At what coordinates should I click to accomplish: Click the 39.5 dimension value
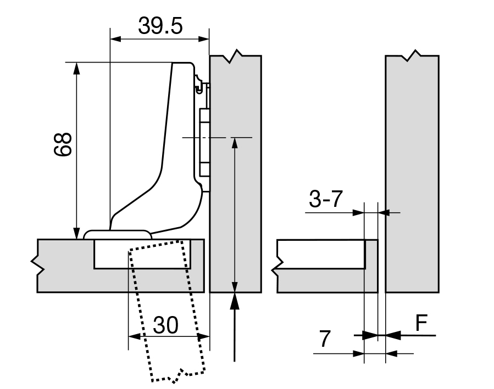tap(159, 26)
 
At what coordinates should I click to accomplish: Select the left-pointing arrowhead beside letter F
tap(393, 334)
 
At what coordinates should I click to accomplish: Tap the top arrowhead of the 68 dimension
tap(76, 68)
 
